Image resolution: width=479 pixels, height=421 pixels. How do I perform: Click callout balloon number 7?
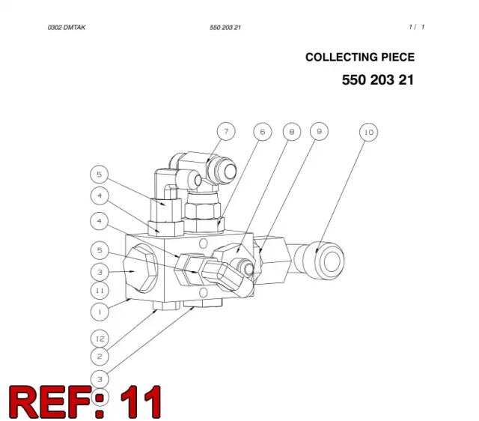click(226, 131)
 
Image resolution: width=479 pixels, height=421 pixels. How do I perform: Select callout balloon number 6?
click(263, 132)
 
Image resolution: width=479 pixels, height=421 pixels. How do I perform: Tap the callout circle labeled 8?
click(292, 132)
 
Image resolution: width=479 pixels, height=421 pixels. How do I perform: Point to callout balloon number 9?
click(320, 131)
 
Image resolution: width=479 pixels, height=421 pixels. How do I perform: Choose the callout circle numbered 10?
click(369, 132)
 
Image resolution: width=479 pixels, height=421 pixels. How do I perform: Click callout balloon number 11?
click(100, 291)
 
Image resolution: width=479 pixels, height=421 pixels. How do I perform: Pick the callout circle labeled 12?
click(100, 339)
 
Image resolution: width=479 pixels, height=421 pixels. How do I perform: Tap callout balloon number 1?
click(100, 312)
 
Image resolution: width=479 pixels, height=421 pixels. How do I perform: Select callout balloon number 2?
click(100, 356)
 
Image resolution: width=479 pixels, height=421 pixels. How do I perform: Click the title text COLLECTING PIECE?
click(360, 57)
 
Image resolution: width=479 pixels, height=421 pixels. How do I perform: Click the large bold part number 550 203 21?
click(378, 80)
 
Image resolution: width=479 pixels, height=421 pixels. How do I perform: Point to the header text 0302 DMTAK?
click(67, 28)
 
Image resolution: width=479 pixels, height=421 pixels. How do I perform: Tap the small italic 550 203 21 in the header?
click(225, 28)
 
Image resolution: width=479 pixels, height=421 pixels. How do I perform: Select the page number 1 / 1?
click(417, 27)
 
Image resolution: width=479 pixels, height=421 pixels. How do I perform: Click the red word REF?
click(57, 402)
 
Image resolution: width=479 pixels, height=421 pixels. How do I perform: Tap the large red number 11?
click(141, 402)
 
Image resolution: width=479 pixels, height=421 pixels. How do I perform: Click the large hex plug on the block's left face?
click(140, 269)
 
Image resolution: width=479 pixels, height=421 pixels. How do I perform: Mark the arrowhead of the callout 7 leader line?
click(208, 160)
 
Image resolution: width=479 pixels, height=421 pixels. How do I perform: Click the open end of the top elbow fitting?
click(226, 172)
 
